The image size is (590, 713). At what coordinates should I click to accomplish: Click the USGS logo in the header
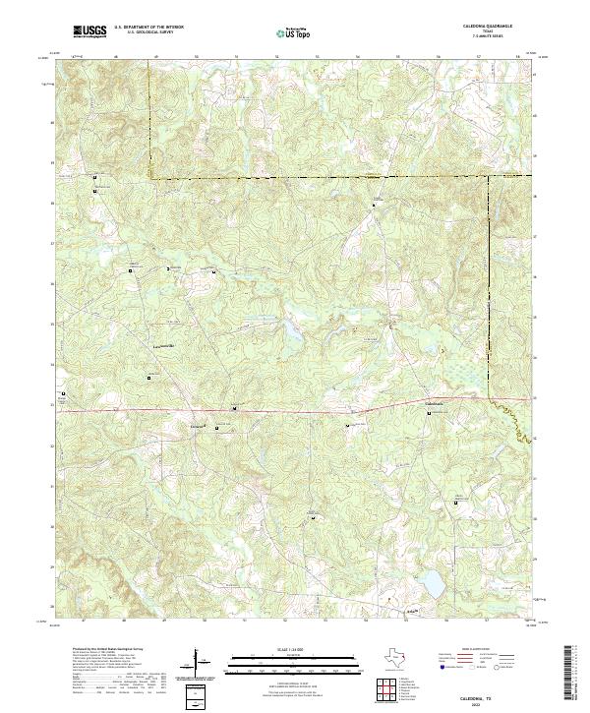90,31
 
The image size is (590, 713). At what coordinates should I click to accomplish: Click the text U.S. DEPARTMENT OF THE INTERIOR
148,28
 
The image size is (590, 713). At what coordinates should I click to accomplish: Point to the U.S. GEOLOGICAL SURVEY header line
148,32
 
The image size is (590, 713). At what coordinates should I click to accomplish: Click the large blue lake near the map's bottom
430,584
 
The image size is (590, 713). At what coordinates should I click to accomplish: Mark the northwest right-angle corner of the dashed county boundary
149,177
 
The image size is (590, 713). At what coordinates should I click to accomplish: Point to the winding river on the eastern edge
511,419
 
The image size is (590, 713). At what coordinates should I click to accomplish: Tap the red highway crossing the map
295,411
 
